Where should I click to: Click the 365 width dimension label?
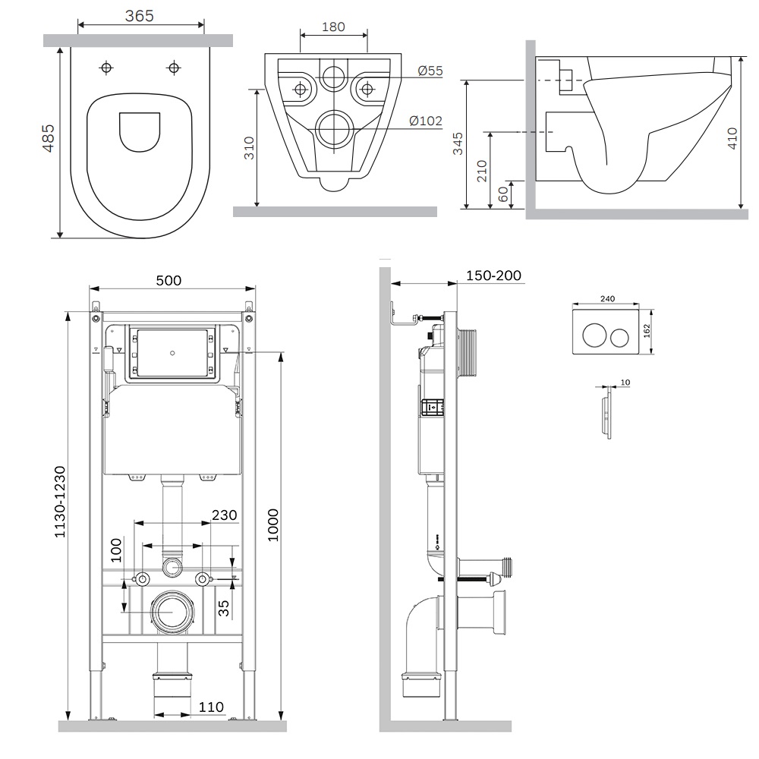(x=140, y=15)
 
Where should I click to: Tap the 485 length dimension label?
(x=49, y=138)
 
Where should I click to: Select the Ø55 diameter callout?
(x=430, y=71)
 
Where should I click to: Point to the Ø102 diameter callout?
(x=426, y=121)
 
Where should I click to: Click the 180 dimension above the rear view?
(x=333, y=27)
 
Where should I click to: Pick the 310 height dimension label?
(x=249, y=148)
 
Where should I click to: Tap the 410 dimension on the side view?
(x=732, y=138)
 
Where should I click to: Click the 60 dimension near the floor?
(x=503, y=194)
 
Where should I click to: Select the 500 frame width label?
(x=168, y=280)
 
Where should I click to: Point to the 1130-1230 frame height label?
(x=59, y=502)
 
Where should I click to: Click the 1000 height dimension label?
(x=273, y=525)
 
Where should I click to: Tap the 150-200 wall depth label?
(x=494, y=276)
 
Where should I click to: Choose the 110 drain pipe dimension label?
(x=211, y=707)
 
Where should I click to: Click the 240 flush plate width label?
(x=607, y=298)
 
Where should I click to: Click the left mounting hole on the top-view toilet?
(x=106, y=68)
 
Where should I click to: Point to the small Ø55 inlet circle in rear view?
(x=333, y=77)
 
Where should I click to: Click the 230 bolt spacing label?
(x=225, y=515)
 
